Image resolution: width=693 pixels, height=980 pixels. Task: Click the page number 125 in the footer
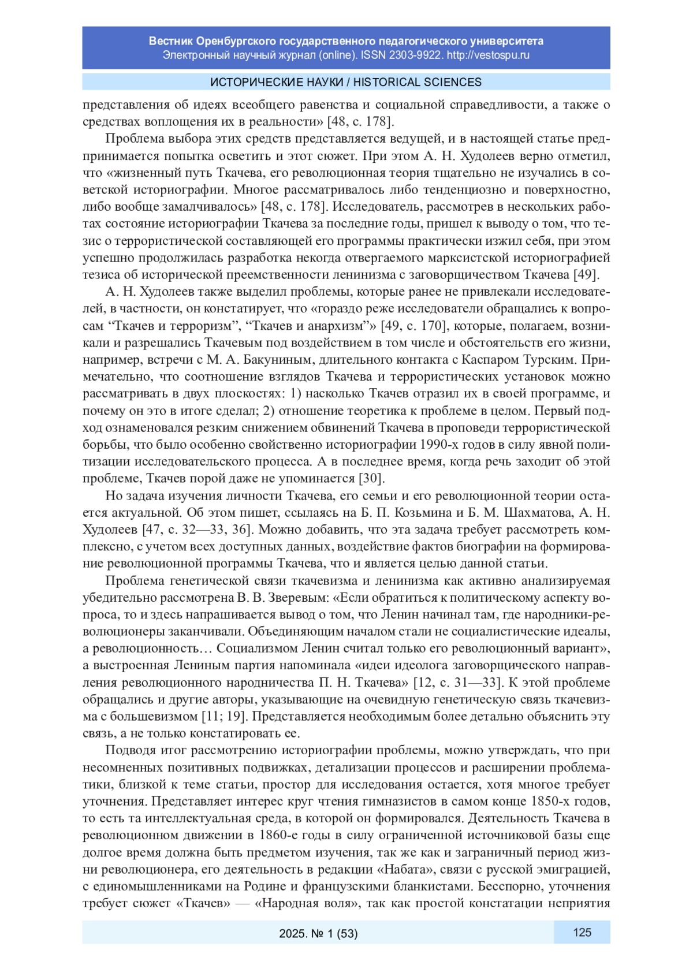(582, 932)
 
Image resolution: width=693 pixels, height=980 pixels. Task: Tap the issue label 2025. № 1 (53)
(318, 933)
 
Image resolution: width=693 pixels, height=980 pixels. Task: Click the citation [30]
(371, 479)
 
